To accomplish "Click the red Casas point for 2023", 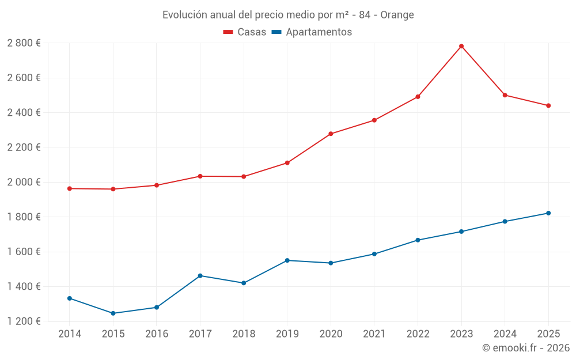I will (x=461, y=46).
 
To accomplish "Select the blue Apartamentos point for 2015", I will (x=113, y=313).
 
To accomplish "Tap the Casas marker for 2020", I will (x=331, y=134).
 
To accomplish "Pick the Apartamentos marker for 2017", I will (x=200, y=276).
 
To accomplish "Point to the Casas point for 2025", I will (x=548, y=105).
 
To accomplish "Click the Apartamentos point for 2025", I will (x=548, y=213).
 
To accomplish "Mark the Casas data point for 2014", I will (x=70, y=188).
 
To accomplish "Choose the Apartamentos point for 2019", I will (x=287, y=260).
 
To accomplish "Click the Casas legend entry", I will (x=245, y=32).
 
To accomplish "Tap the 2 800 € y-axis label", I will (x=24, y=43).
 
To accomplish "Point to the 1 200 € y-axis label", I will (x=24, y=321).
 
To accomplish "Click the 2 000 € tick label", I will (x=24, y=182).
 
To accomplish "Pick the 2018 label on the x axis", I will (x=244, y=334).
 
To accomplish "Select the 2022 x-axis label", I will (x=418, y=334).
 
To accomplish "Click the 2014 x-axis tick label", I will (x=70, y=334).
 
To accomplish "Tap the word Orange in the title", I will (x=397, y=15).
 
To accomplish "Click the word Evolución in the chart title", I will (x=184, y=15).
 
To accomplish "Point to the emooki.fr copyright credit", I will (x=526, y=348).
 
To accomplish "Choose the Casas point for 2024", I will (x=505, y=95).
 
